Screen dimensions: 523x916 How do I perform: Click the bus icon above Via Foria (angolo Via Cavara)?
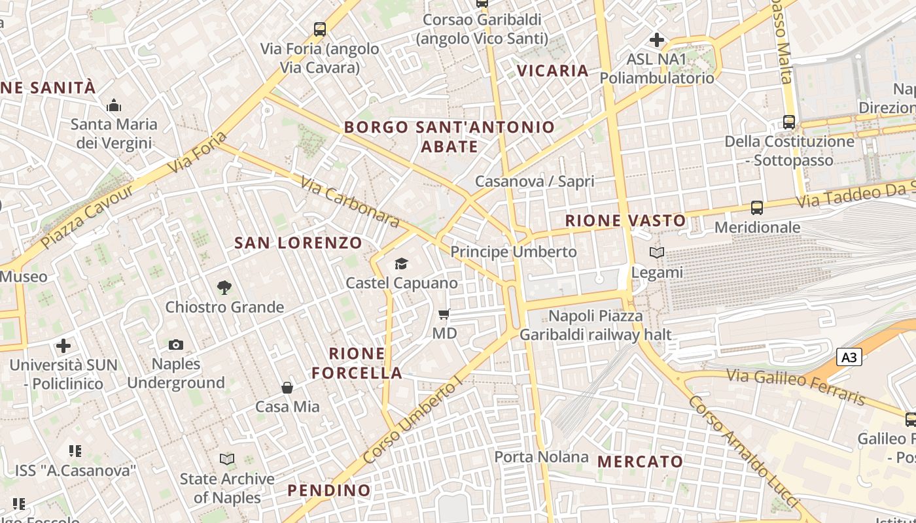click(x=319, y=29)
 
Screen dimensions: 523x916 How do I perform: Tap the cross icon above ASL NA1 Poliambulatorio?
click(x=657, y=40)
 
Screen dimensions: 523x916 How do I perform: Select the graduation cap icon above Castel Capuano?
click(x=401, y=263)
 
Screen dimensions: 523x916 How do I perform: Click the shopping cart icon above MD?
click(x=444, y=314)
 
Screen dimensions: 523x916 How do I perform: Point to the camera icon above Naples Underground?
click(x=175, y=345)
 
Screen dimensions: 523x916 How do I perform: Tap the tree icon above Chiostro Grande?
click(x=224, y=287)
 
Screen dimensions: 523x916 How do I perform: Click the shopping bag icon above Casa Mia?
click(x=287, y=388)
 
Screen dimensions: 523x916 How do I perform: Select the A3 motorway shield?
click(x=849, y=358)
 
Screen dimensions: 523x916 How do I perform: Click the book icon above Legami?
click(x=657, y=252)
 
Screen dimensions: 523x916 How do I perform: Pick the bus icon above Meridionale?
click(x=757, y=208)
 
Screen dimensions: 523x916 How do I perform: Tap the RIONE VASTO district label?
click(x=625, y=220)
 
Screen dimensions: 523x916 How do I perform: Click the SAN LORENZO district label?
click(x=298, y=243)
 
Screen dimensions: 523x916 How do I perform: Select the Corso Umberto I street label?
click(x=412, y=423)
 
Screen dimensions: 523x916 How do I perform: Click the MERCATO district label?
click(x=640, y=461)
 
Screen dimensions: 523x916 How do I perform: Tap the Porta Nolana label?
click(x=541, y=457)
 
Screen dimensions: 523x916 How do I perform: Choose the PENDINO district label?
click(x=329, y=490)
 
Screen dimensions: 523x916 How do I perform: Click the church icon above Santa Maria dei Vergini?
click(x=114, y=105)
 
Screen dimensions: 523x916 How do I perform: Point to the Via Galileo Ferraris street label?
click(x=796, y=386)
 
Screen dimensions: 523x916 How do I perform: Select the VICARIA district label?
click(x=553, y=71)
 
